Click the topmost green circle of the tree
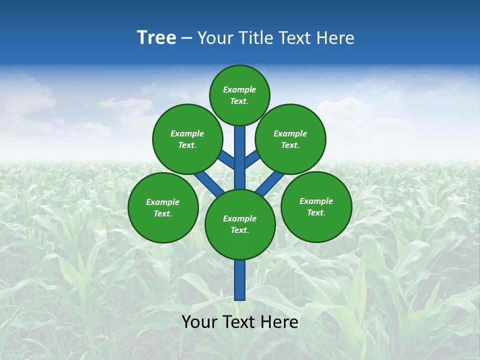(x=239, y=95)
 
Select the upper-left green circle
(x=187, y=139)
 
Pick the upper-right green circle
(x=290, y=139)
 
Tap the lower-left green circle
(x=163, y=207)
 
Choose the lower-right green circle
(x=316, y=206)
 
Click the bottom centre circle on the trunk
(x=240, y=224)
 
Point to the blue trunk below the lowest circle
(x=240, y=280)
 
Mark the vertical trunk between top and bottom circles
(x=240, y=157)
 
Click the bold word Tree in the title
(x=156, y=37)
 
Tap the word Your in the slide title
(x=215, y=37)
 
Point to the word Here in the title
(x=336, y=37)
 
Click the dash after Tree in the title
(x=186, y=38)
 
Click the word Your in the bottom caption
(x=199, y=322)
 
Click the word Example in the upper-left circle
(x=187, y=133)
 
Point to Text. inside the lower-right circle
(x=316, y=212)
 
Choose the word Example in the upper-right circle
(x=290, y=133)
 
